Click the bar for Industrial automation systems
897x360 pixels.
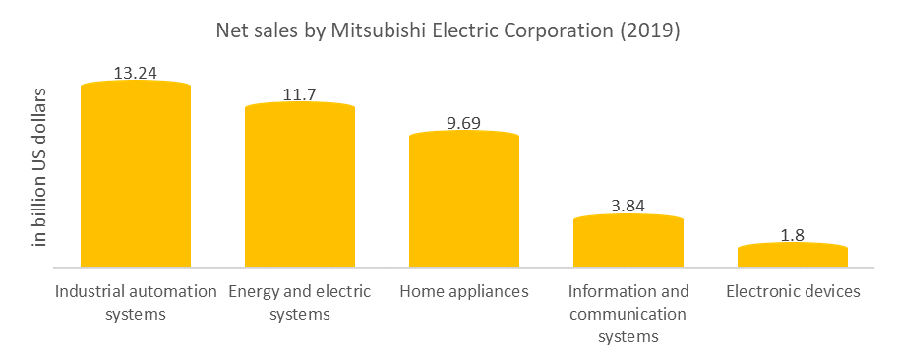click(135, 175)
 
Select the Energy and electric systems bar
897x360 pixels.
click(299, 185)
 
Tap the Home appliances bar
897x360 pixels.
click(463, 199)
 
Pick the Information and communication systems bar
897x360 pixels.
click(628, 241)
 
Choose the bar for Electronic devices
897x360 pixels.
click(792, 255)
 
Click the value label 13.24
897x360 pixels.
click(135, 72)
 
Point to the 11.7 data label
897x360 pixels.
click(299, 92)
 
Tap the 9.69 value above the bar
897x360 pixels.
click(463, 122)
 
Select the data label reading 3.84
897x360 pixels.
click(628, 206)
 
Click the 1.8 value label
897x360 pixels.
click(792, 234)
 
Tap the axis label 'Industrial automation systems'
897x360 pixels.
click(136, 303)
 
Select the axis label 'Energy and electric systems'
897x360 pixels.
click(299, 303)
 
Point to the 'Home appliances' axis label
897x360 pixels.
click(464, 291)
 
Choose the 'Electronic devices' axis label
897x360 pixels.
click(793, 291)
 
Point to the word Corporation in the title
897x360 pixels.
click(565, 31)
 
